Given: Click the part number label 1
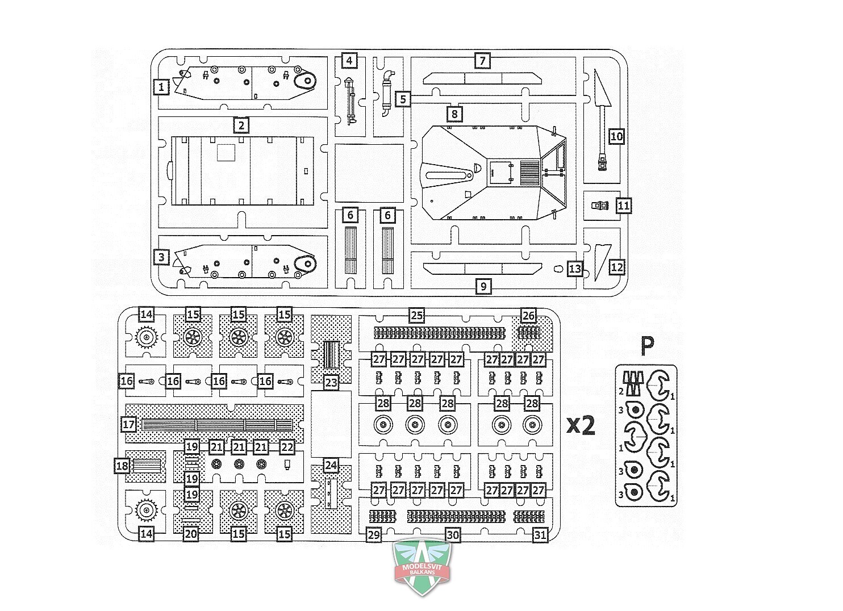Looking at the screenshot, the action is pos(161,87).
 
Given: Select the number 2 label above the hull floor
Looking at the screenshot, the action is pos(241,125).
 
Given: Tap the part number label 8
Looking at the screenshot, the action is pos(454,114).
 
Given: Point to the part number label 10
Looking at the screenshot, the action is pos(616,136).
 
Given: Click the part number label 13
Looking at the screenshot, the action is pos(575,269).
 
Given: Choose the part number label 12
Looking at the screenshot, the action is pos(617,267).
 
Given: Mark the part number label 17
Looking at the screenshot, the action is pos(129,424).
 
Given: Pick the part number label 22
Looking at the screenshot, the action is pos(287,447).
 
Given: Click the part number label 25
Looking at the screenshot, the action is pos(416,315).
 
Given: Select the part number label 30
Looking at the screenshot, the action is pos(453,535).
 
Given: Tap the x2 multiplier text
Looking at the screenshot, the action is pos(582,425).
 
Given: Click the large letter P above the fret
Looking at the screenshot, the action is pos(648,345).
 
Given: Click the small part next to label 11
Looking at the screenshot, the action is pos(600,206).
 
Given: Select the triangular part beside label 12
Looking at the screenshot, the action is pos(602,262).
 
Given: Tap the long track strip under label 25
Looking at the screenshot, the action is pos(440,333).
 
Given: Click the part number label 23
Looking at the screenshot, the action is pos(331,383).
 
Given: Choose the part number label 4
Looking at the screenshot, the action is pos(349,61).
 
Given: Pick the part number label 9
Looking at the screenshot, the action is pos(483,287).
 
